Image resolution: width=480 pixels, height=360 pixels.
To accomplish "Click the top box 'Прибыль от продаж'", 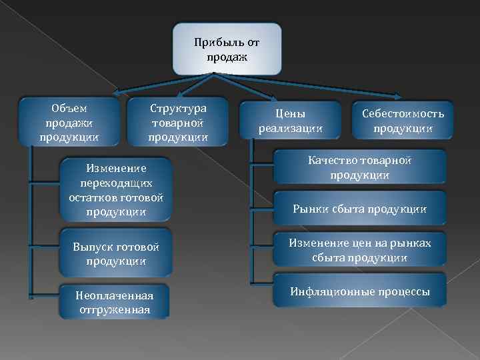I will [227, 49].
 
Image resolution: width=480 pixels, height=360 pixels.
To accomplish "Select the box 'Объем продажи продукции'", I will [69, 122].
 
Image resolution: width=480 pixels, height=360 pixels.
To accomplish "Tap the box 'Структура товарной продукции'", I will [178, 122].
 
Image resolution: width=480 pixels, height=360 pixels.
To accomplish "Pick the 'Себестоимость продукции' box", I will [403, 121].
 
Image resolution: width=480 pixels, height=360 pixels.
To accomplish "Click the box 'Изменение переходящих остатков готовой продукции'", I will [116, 189].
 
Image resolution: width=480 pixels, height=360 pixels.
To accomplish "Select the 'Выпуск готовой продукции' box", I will [116, 253].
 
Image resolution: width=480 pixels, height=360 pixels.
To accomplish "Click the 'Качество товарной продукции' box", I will [360, 167].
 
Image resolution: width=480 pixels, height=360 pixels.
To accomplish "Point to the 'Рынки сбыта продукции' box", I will [360, 209].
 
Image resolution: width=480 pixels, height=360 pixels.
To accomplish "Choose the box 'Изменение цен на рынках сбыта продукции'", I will [360, 250].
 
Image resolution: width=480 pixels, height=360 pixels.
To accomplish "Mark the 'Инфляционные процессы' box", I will [360, 291].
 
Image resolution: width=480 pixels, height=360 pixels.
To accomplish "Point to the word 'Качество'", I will [329, 161].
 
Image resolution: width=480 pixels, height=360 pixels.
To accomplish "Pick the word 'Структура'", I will [178, 108].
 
